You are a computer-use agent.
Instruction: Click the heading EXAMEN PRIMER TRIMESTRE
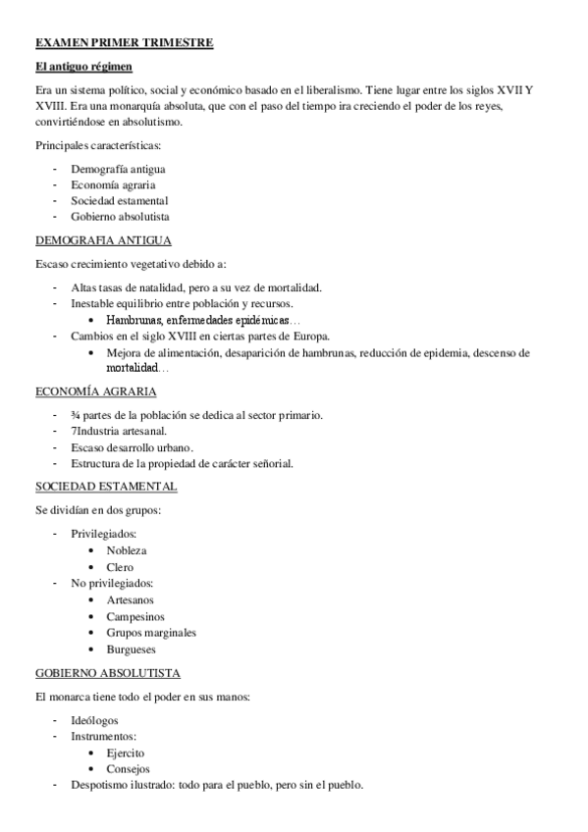[124, 43]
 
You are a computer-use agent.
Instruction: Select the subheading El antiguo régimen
[83, 67]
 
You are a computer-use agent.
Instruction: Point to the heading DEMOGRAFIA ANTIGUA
[103, 239]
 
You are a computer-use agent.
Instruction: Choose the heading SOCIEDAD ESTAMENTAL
[106, 486]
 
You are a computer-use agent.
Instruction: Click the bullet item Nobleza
[128, 550]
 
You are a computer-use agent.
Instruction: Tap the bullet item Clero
[121, 567]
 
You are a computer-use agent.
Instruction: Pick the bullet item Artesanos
[131, 599]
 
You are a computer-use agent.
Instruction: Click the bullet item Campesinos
[134, 616]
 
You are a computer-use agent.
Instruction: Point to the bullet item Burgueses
[132, 649]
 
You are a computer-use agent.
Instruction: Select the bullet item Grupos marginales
[151, 633]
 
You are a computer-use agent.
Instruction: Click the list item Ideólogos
[96, 720]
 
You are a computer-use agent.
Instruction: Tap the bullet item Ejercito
[126, 753]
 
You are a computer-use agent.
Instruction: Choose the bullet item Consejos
[129, 768]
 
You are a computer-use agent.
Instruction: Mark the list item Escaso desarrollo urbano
[125, 447]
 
